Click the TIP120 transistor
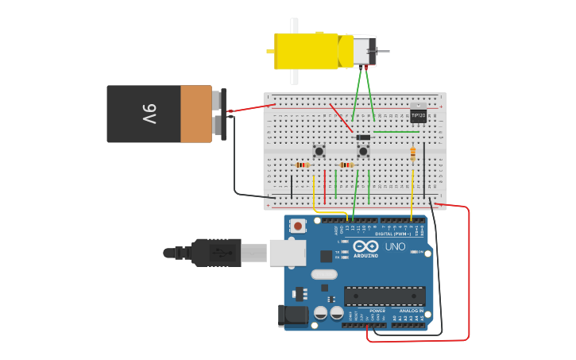(418, 115)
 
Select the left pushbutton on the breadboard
(319, 150)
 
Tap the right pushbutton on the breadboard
(363, 150)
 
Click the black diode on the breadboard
(364, 137)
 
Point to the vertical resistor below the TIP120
(413, 153)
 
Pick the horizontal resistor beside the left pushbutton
(303, 165)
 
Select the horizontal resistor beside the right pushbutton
(346, 165)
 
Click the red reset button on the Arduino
(298, 226)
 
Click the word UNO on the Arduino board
(395, 246)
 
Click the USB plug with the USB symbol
(215, 253)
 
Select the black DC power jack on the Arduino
(293, 315)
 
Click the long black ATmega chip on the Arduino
(384, 296)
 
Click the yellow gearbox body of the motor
(306, 50)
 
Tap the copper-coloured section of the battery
(196, 114)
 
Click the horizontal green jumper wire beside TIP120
(396, 132)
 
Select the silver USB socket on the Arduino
(287, 253)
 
